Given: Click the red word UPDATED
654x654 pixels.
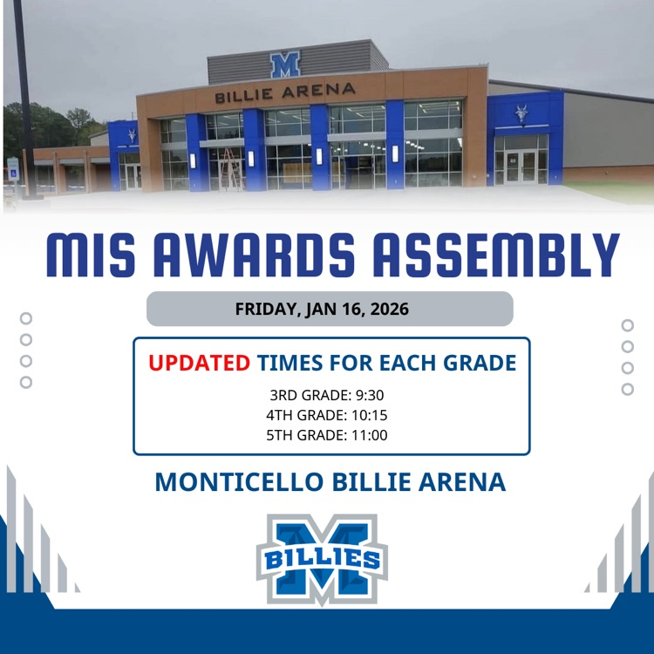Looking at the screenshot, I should (x=199, y=363).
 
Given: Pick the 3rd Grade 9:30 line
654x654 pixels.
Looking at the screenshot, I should (x=327, y=395).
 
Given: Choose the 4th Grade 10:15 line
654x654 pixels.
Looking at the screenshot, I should (x=327, y=415).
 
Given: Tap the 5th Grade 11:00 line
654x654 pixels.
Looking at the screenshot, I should (x=327, y=434).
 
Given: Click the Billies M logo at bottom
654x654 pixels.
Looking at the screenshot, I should (x=321, y=558).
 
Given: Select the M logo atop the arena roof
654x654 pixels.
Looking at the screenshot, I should (x=285, y=65).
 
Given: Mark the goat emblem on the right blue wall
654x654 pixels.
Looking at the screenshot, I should (x=522, y=114).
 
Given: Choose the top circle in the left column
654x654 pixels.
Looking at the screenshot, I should (x=26, y=318).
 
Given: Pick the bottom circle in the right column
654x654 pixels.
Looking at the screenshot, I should (x=627, y=389).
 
